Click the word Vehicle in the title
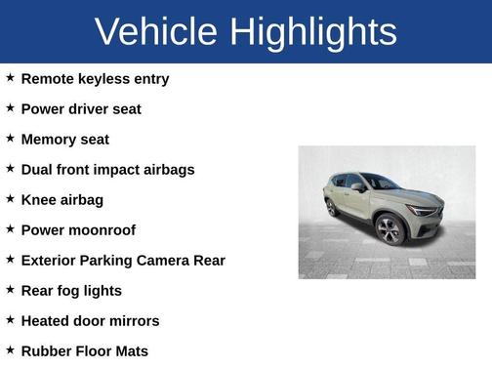point(156,32)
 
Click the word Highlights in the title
point(313,32)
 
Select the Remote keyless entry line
point(95,78)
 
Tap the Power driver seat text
point(81,108)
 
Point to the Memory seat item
point(64,139)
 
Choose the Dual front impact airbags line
point(107,169)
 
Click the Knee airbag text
point(61,199)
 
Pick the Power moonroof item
point(78,229)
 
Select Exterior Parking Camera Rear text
point(123,260)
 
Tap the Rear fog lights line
point(71,290)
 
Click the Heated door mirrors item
point(90,320)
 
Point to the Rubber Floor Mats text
point(84,350)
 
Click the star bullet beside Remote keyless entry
point(10,77)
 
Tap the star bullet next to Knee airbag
point(10,198)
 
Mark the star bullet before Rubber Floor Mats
point(10,349)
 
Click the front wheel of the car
point(389,230)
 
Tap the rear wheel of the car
point(331,207)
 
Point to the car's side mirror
point(358,186)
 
